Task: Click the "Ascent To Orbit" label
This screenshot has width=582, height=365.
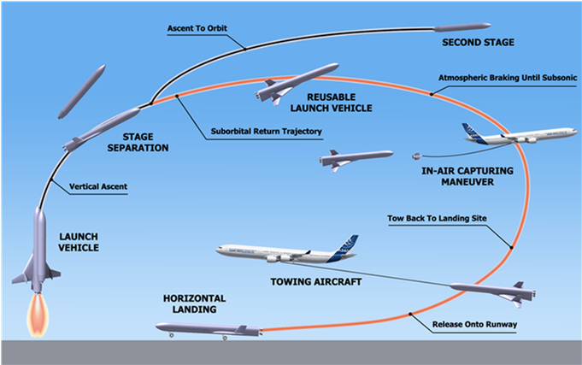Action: click(x=197, y=27)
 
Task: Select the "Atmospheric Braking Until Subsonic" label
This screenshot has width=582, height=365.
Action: click(x=508, y=78)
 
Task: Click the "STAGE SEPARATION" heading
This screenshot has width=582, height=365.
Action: click(x=144, y=141)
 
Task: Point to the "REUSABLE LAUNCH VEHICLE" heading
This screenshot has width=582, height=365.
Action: click(x=340, y=100)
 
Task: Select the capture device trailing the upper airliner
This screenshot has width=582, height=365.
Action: click(x=416, y=156)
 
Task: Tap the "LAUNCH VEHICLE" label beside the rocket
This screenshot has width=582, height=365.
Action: click(x=79, y=242)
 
